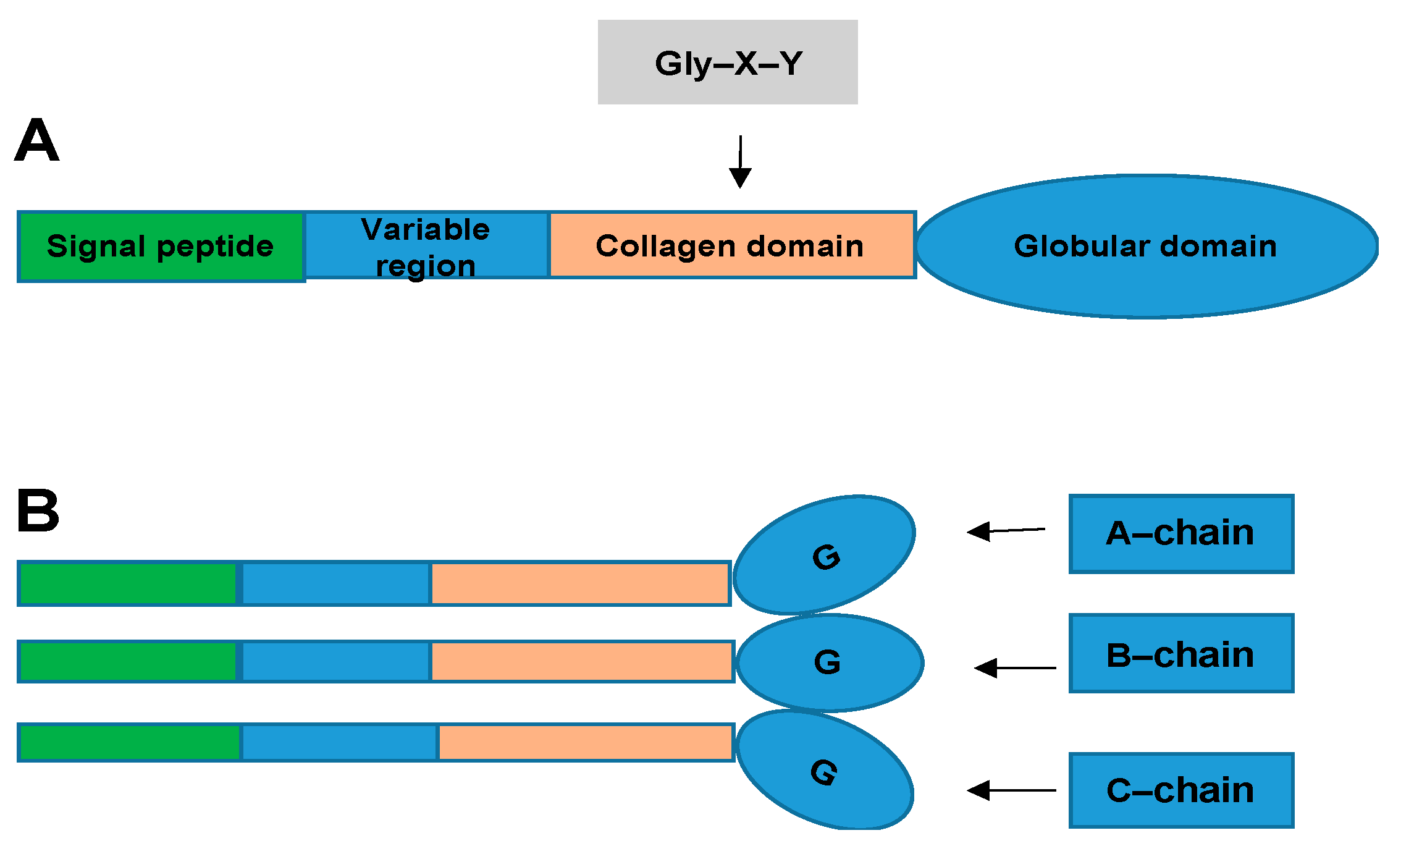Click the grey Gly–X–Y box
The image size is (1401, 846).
[x=727, y=62]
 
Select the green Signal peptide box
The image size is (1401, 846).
[x=161, y=247]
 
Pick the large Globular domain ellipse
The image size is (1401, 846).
[x=1146, y=247]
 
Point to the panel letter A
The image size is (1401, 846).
[x=37, y=141]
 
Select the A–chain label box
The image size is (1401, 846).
[x=1180, y=533]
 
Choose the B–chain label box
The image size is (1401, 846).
[x=1180, y=653]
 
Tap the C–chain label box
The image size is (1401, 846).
[x=1180, y=790]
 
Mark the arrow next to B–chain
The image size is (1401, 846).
[x=1015, y=668]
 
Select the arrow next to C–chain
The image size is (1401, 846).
[x=1011, y=790]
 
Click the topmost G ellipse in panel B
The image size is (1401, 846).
[x=825, y=554]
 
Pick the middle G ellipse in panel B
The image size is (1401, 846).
[x=829, y=662]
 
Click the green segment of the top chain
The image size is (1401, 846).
[x=128, y=583]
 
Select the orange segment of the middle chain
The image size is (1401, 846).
[x=581, y=661]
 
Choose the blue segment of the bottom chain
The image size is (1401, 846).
[x=339, y=742]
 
